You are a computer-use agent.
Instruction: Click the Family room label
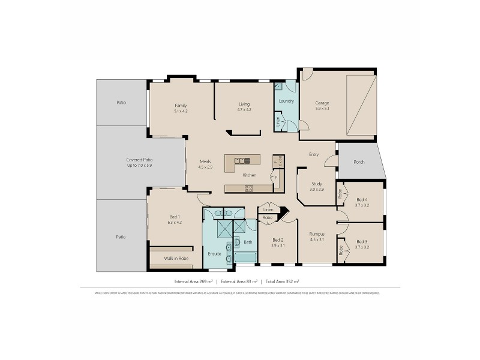(x=181, y=105)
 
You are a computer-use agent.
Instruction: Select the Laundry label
(x=286, y=101)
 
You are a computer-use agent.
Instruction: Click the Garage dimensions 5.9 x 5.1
(x=322, y=109)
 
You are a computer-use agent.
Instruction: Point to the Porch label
(x=359, y=161)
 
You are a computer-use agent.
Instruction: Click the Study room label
(x=317, y=184)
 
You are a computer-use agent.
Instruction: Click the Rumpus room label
(x=317, y=233)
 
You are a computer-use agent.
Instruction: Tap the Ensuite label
(x=214, y=254)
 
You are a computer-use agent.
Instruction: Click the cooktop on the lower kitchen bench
(x=248, y=188)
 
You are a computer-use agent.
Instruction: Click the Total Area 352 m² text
(x=283, y=281)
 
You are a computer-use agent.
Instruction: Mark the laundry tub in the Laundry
(x=278, y=86)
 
